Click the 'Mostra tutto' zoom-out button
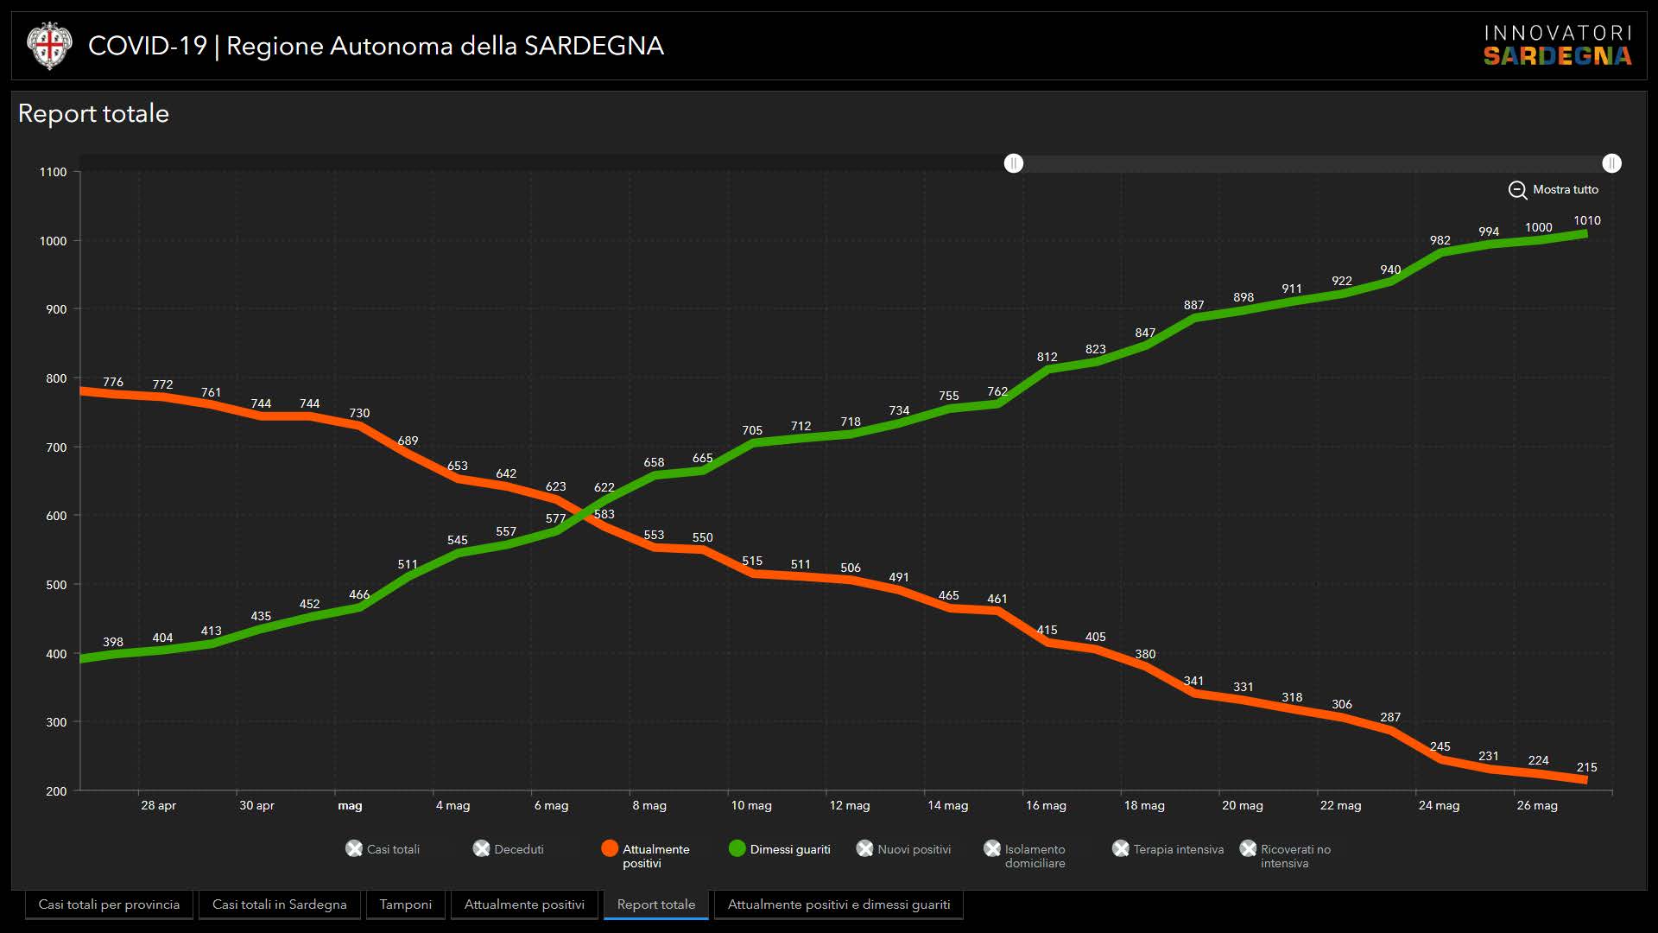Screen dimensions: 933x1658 tap(1554, 190)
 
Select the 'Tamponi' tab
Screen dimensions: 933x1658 tap(405, 904)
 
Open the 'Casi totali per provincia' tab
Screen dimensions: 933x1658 tap(109, 904)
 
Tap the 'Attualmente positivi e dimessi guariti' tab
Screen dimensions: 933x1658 tap(838, 904)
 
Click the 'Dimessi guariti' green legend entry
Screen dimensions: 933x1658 tap(780, 849)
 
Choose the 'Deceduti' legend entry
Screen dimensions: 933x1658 tap(509, 849)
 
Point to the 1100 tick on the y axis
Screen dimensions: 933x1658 tap(53, 172)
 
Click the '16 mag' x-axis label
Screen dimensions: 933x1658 tap(1046, 805)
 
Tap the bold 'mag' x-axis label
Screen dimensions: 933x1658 tap(350, 805)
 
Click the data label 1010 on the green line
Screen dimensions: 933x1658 tap(1586, 221)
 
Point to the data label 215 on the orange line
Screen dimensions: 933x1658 tap(1586, 767)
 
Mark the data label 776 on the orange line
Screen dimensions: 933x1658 tap(113, 382)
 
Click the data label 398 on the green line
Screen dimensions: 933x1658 tap(113, 642)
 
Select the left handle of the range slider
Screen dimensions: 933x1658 tap(1014, 163)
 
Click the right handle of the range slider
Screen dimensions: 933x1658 tap(1611, 163)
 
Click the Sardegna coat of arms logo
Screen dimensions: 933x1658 tap(48, 46)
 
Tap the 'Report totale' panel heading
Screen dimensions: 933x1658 tap(93, 113)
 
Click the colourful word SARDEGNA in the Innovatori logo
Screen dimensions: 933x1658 tap(1557, 57)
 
